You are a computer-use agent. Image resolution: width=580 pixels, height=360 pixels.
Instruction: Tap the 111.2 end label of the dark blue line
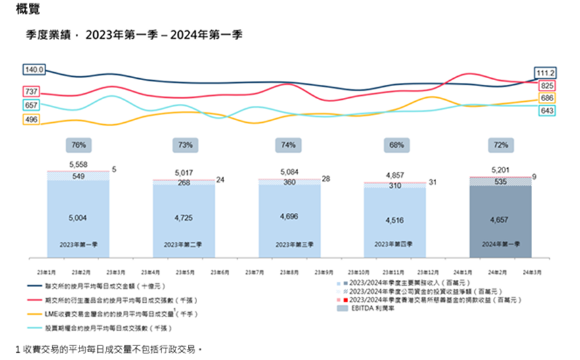[x=546, y=73]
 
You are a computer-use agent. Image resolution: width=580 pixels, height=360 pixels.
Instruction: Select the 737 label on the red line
[x=31, y=91]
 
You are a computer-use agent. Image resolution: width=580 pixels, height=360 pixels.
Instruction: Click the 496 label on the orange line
[x=31, y=120]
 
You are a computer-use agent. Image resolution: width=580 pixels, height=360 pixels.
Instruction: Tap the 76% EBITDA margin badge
[x=78, y=145]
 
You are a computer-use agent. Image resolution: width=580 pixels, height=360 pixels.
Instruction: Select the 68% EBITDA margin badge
[x=395, y=145]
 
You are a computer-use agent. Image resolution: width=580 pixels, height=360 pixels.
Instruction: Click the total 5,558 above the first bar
[x=78, y=164]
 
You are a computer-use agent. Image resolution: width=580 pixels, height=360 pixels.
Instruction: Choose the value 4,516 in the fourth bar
[x=395, y=220]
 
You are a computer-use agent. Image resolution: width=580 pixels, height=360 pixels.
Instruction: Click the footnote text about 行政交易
[x=105, y=349]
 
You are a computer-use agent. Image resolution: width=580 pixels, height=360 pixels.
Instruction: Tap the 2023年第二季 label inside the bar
[x=183, y=244]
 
